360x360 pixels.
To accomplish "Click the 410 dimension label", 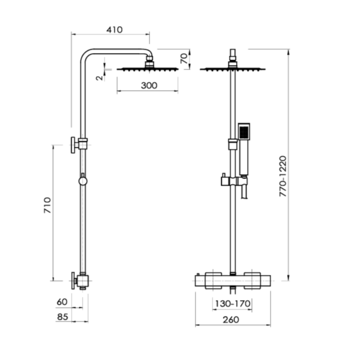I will [x=114, y=30].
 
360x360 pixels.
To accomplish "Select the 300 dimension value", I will [x=148, y=85].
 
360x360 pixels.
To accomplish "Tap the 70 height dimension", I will [x=183, y=59].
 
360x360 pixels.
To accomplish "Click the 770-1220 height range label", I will [x=283, y=176].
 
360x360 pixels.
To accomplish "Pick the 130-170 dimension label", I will [x=232, y=304].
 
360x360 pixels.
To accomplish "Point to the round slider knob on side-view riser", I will [x=82, y=180].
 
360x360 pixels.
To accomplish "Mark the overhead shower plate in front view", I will [x=232, y=69].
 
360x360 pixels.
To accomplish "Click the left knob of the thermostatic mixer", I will [x=212, y=280].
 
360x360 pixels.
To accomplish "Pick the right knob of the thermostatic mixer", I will [x=252, y=280].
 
